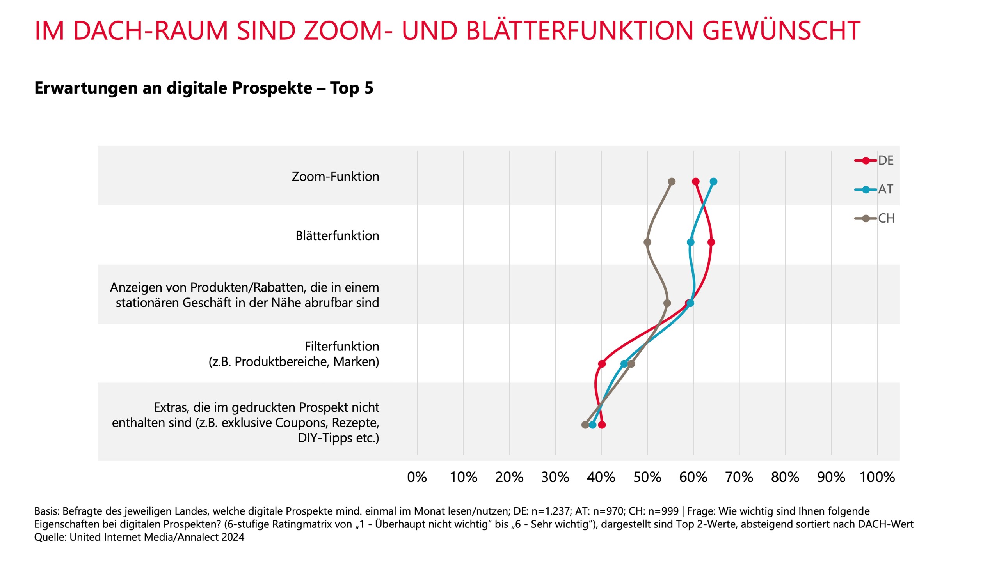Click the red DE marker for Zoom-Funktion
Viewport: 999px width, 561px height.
tap(695, 182)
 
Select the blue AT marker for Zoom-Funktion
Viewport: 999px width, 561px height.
tap(713, 182)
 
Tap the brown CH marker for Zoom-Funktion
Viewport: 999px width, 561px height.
tap(672, 182)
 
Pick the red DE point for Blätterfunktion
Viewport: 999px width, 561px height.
tap(711, 242)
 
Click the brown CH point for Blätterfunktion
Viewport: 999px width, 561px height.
tap(647, 242)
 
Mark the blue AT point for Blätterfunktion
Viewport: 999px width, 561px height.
tap(690, 242)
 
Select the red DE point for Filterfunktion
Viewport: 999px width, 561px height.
tap(602, 364)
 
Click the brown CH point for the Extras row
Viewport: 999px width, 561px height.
tap(585, 425)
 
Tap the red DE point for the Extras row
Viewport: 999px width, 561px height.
tap(602, 425)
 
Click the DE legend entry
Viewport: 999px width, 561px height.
tap(885, 161)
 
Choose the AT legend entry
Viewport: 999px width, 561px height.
tap(885, 189)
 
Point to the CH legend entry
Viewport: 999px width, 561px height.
tap(886, 218)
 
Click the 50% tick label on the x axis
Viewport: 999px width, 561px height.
tap(647, 477)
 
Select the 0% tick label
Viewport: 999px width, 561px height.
tap(417, 477)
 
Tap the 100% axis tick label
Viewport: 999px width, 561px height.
tap(877, 477)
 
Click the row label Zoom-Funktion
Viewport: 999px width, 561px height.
tap(335, 177)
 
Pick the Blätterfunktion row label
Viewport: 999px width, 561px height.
tap(337, 236)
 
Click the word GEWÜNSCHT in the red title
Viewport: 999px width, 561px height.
tap(781, 30)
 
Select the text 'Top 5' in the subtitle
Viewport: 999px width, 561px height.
tap(352, 88)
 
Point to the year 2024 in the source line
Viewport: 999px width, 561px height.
tap(233, 537)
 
